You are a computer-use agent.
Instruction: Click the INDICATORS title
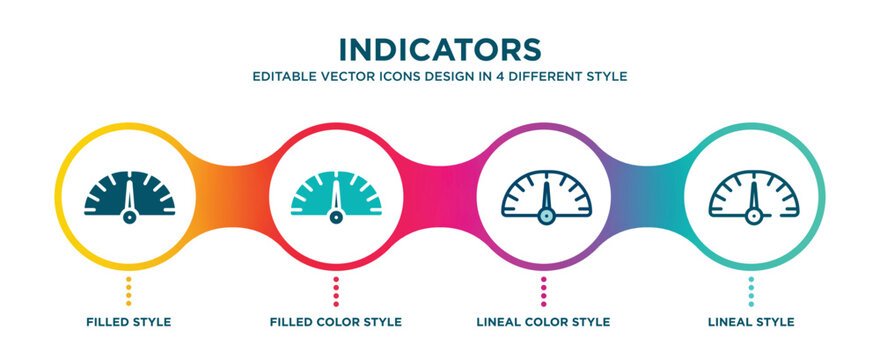(x=440, y=49)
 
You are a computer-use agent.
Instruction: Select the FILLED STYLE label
(x=128, y=322)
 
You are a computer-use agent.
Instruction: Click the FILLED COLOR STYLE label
(x=336, y=322)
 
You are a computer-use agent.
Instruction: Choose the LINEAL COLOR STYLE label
(x=544, y=322)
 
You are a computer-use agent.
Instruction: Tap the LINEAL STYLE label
(x=752, y=322)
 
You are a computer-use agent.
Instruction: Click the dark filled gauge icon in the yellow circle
(x=129, y=196)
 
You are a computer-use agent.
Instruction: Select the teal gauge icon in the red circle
(x=337, y=196)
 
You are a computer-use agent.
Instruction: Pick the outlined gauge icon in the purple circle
(x=545, y=196)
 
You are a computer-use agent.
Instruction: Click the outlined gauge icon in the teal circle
(x=752, y=196)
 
